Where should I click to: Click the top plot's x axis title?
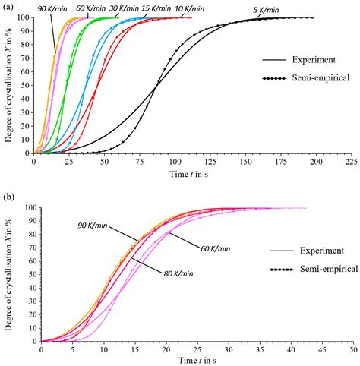[x=193, y=174]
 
